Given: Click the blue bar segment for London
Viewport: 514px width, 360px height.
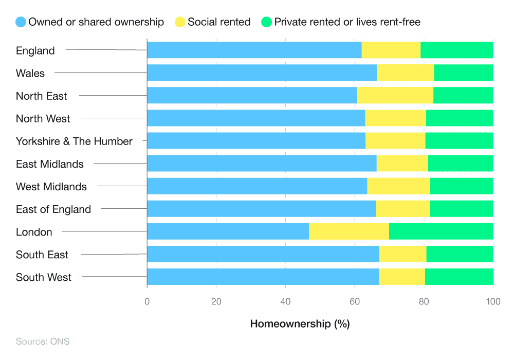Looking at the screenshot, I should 228,231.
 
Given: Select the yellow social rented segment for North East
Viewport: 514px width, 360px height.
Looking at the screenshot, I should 395,96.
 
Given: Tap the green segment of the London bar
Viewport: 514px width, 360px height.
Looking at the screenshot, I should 441,231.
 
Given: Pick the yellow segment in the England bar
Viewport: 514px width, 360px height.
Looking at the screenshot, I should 391,50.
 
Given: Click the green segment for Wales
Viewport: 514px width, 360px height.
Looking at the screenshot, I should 463,73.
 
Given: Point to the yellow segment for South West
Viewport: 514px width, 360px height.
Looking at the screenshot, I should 402,277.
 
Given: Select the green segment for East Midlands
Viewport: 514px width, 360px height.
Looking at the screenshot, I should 460,164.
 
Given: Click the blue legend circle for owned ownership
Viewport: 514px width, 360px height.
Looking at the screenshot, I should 21,22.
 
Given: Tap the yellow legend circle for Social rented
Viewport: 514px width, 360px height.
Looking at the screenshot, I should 180,22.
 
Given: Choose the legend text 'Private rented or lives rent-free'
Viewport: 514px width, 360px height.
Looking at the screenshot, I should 347,22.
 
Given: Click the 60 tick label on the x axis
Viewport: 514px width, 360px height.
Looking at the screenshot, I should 355,302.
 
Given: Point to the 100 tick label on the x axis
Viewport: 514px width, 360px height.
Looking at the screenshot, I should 493,302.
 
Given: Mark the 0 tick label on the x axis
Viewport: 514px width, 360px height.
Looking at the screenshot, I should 147,302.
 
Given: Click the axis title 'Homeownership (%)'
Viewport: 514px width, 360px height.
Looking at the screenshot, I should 300,324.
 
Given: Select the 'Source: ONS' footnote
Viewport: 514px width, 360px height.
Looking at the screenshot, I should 43,341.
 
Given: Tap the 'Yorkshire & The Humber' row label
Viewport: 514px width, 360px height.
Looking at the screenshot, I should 74,141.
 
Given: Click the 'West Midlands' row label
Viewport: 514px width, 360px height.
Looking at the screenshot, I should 51,186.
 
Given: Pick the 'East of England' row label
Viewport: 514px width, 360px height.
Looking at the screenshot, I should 53,209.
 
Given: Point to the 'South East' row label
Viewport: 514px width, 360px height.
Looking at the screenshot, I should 42,254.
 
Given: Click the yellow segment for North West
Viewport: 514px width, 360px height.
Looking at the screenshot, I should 395,118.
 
